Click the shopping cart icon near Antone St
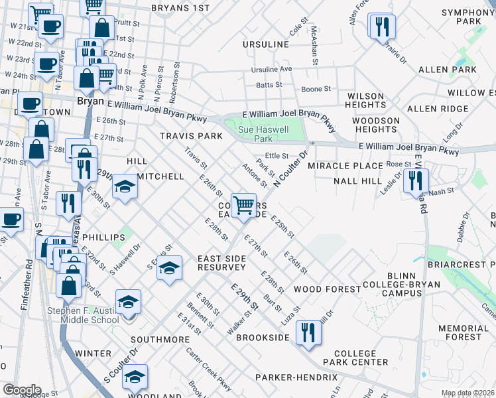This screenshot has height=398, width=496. [x=244, y=205]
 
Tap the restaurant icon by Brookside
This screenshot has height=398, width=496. [x=307, y=332]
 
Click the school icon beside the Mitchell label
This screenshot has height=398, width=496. [x=125, y=186]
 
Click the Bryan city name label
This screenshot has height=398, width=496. [x=90, y=101]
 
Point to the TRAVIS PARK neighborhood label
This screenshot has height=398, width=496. [x=191, y=136]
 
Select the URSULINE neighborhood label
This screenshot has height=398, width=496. [x=266, y=44]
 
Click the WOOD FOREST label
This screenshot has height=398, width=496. [x=327, y=289]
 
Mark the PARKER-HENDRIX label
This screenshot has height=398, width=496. [x=296, y=377]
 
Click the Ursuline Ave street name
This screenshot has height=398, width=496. [x=271, y=69]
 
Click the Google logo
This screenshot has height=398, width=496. [x=22, y=390]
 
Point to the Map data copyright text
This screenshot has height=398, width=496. [x=467, y=393]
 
